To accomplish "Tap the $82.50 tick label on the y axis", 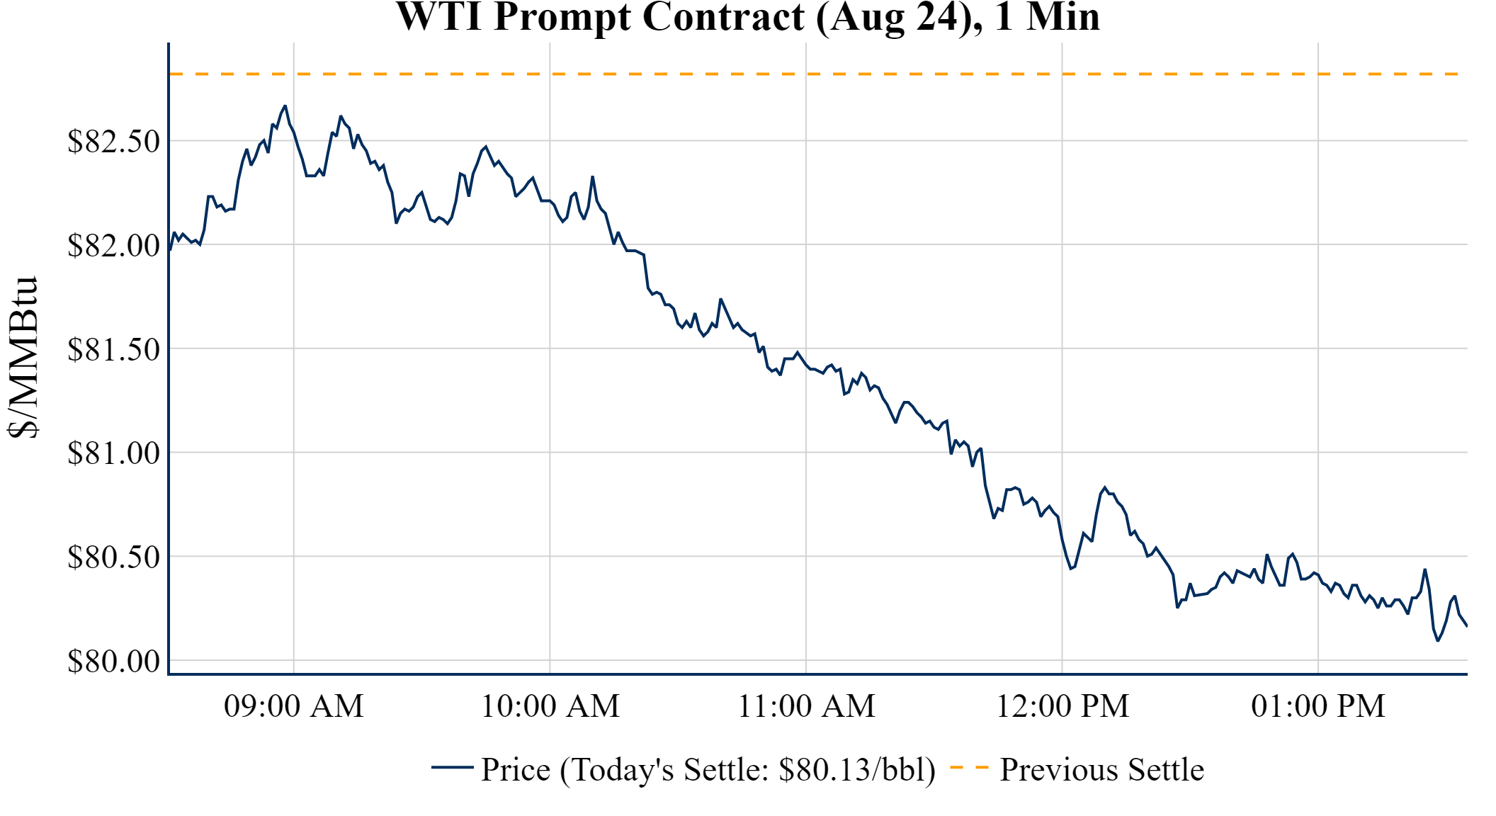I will point(113,141).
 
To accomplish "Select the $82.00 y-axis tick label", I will point(113,245).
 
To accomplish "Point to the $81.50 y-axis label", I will point(113,349).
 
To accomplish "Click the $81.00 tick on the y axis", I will point(113,453).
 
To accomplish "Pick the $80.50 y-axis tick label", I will point(113,557).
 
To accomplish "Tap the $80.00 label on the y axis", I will point(113,661).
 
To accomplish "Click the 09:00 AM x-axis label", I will point(293,706).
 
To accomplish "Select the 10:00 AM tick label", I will point(550,706).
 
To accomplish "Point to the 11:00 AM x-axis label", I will point(806,706).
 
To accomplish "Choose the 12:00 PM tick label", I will point(1062,706).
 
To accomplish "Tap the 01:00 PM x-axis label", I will point(1318,706).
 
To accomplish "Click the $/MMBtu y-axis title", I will point(23,358).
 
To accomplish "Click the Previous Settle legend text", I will point(1101,769).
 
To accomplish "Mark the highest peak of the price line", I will point(285,106).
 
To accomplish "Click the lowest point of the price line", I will point(1437,640).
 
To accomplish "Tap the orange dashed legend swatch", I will point(969,767).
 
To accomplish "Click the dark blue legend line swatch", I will point(452,767).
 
